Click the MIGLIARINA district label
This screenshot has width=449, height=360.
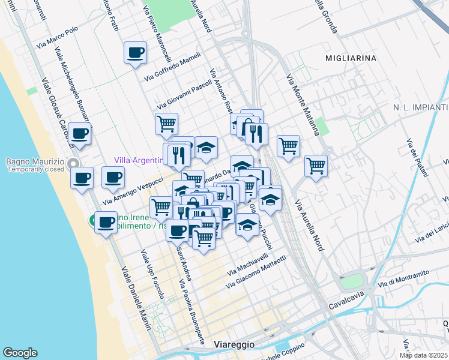[351, 58]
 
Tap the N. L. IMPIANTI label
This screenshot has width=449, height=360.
[421, 107]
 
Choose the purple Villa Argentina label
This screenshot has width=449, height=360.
[139, 160]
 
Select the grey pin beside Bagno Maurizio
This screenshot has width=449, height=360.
[73, 163]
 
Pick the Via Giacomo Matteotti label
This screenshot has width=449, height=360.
[256, 271]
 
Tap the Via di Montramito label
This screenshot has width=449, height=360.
[403, 278]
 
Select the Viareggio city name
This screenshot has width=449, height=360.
[235, 344]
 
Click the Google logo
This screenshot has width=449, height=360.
[20, 353]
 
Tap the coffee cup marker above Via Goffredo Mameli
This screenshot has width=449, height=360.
[135, 52]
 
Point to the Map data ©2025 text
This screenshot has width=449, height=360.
[424, 355]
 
